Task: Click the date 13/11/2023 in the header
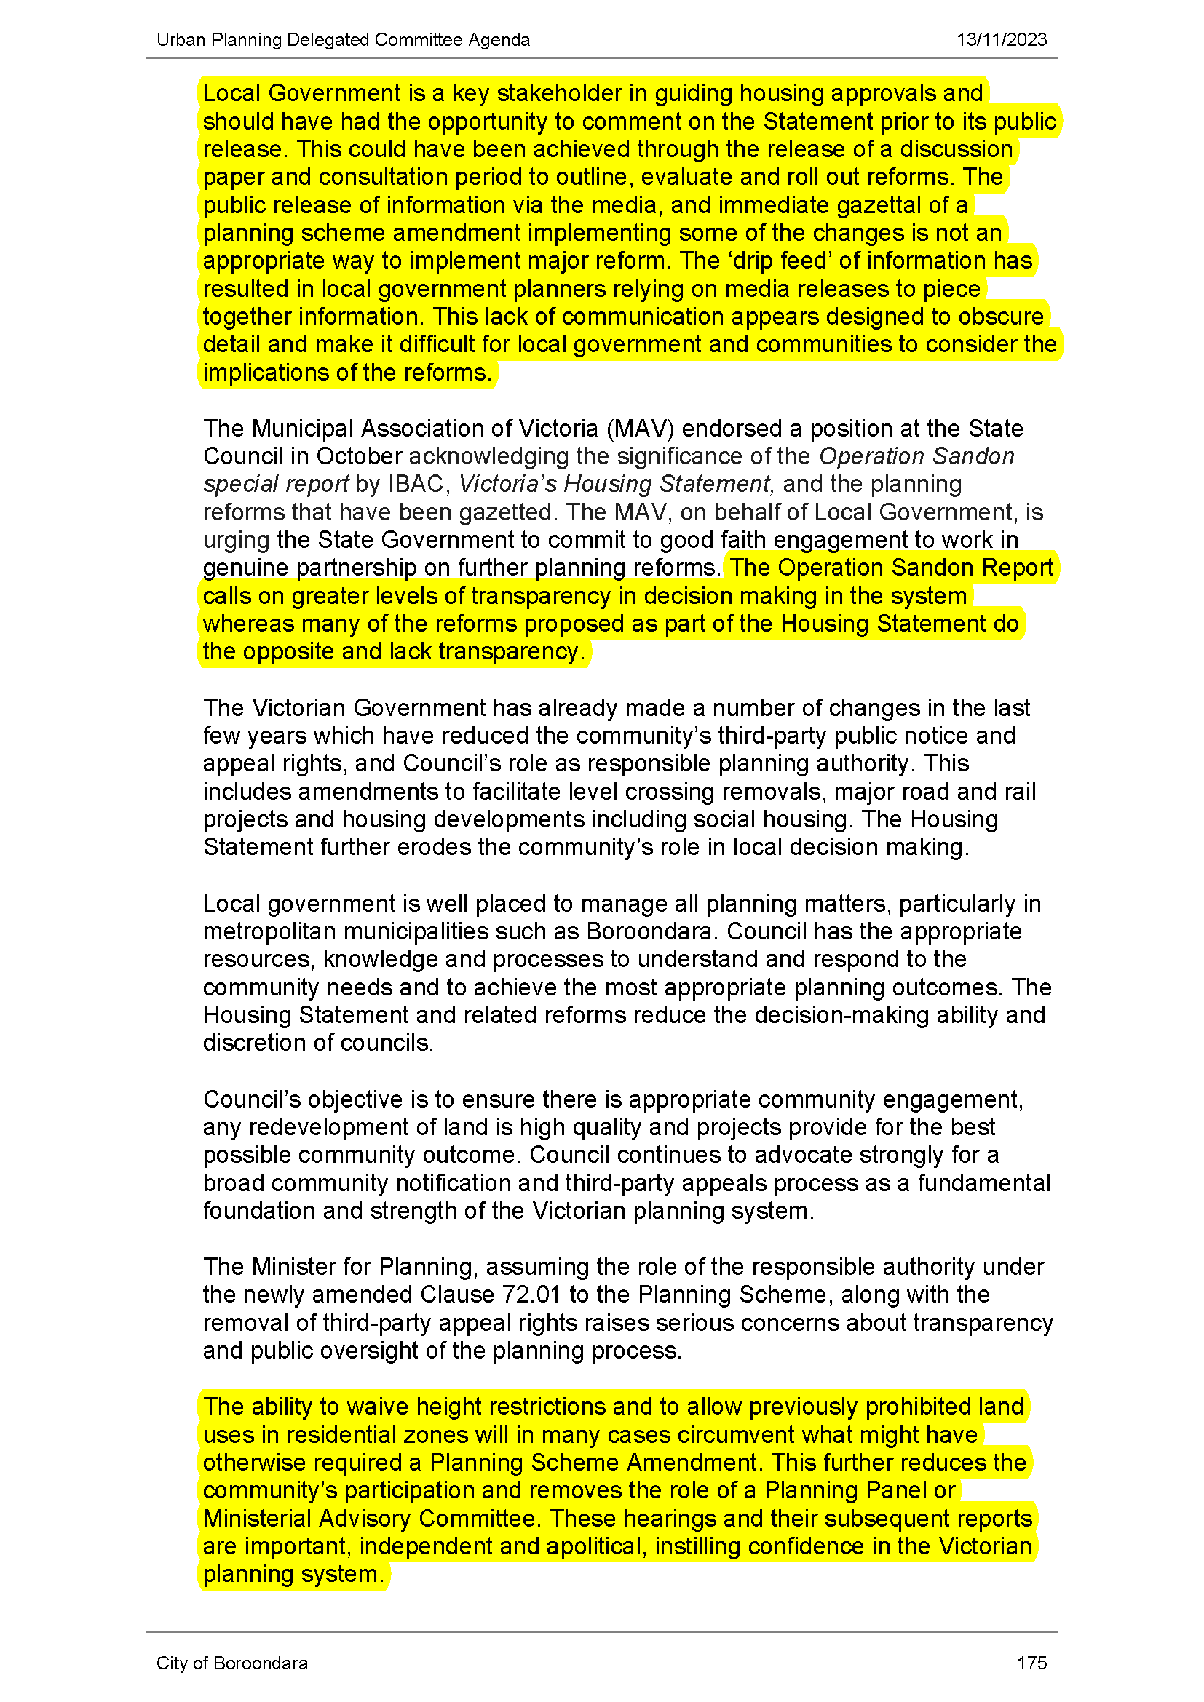coord(1001,40)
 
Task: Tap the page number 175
coord(1031,1663)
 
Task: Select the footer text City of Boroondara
coord(232,1663)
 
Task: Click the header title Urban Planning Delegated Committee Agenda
coord(344,40)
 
